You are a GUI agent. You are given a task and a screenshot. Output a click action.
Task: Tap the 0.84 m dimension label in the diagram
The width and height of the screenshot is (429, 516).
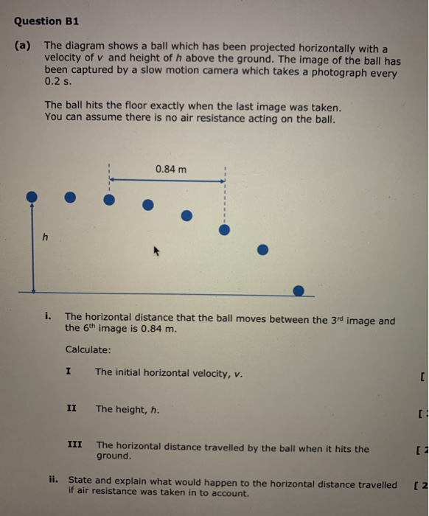click(171, 170)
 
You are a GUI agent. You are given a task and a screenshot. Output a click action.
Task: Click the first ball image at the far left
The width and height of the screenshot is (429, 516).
click(32, 196)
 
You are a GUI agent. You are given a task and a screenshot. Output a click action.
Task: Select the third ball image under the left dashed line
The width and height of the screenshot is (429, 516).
click(109, 199)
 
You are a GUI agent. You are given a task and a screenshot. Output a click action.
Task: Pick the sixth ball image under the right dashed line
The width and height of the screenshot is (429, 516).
click(225, 230)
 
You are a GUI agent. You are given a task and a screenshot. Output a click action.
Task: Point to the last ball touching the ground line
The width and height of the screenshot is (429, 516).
click(298, 290)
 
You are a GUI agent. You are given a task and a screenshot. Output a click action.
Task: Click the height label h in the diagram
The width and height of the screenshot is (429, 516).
click(45, 237)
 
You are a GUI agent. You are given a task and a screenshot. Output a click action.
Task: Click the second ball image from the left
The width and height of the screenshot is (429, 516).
click(69, 197)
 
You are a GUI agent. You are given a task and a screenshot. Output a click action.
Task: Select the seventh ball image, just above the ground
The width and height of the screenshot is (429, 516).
click(263, 250)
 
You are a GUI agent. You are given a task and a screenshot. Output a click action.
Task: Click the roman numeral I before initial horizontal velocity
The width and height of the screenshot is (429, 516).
click(69, 372)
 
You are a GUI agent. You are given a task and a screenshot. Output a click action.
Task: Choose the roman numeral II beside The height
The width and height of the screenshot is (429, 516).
click(71, 408)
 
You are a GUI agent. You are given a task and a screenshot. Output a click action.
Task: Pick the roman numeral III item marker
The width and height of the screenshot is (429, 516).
click(74, 445)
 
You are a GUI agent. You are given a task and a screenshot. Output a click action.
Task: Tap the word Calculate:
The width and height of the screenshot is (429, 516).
click(88, 349)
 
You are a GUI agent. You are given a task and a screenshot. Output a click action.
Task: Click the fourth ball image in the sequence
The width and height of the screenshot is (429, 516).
click(148, 204)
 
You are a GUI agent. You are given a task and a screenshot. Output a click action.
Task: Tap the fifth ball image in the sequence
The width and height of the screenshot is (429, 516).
click(186, 215)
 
